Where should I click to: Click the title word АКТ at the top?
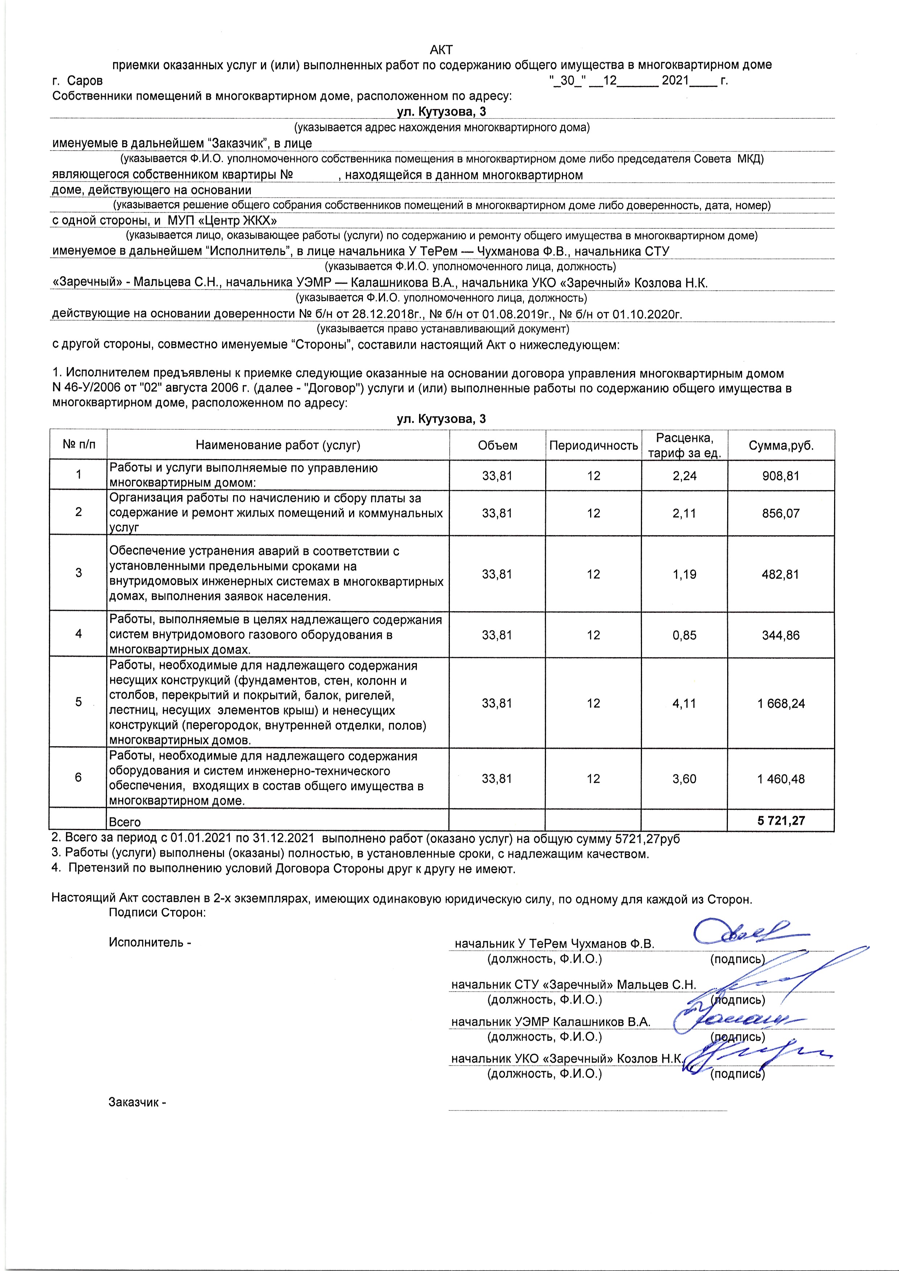(x=442, y=50)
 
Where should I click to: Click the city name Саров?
(x=85, y=81)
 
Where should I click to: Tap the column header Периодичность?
(x=593, y=445)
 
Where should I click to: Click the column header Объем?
(x=497, y=445)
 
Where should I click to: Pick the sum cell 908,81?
(x=781, y=475)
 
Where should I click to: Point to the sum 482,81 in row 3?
(x=781, y=574)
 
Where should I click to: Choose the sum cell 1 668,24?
(x=781, y=704)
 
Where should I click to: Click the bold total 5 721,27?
(x=781, y=820)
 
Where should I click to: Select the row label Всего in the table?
(x=125, y=822)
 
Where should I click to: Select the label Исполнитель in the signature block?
(x=147, y=942)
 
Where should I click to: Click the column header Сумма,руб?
(x=781, y=445)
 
